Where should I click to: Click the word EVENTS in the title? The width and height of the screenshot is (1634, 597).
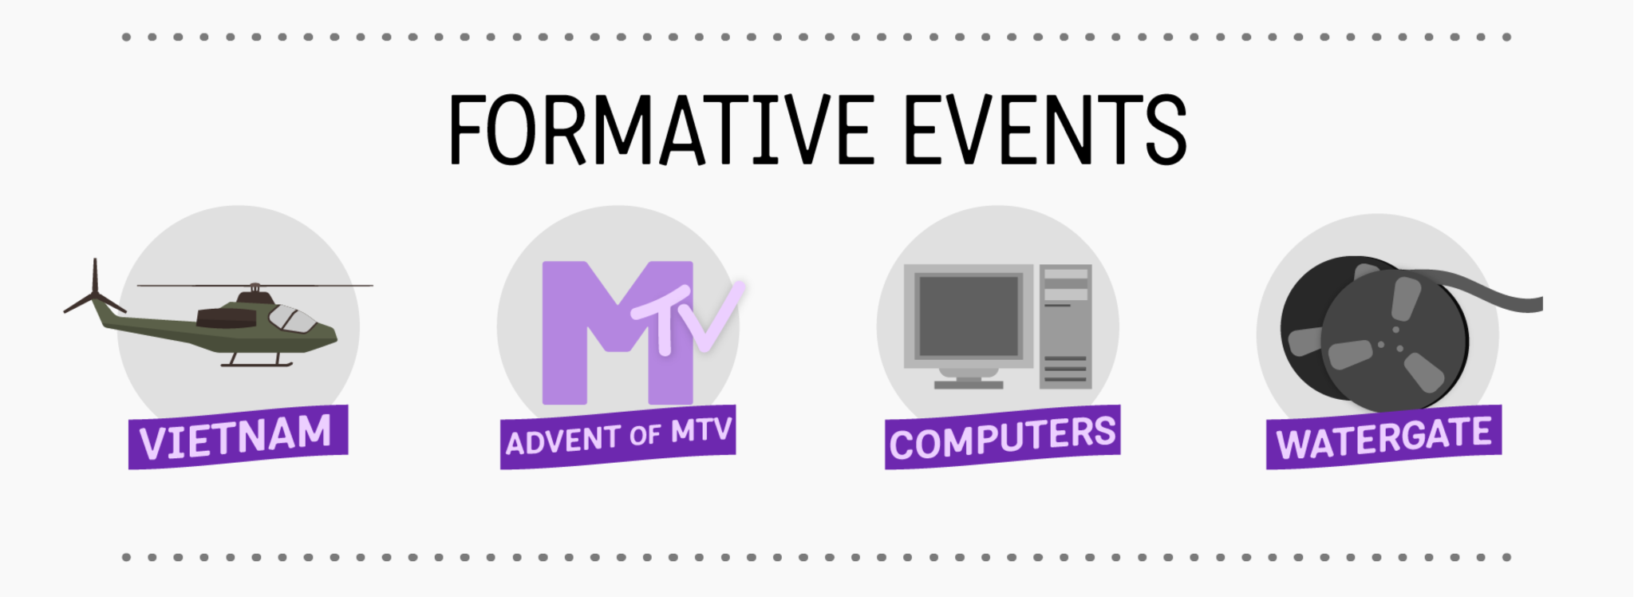(1046, 129)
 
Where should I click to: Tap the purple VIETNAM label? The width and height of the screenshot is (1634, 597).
(238, 437)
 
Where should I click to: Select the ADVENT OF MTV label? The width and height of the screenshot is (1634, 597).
(618, 437)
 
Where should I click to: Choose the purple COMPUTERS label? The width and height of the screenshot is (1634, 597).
(1002, 437)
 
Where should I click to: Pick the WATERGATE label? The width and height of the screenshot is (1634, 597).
(1384, 437)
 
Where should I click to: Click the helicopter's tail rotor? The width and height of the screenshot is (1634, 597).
(95, 291)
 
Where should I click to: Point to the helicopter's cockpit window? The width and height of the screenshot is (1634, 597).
(293, 318)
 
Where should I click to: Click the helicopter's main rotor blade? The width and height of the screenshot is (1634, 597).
(255, 285)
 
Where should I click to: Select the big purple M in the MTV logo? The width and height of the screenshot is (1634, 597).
(617, 333)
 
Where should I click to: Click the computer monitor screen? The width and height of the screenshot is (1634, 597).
(969, 316)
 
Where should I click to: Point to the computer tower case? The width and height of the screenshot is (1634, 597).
(1065, 326)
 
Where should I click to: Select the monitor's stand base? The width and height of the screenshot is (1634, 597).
(969, 384)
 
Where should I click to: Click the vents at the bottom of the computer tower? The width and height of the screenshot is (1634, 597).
(1065, 369)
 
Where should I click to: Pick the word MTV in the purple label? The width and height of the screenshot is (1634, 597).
(701, 431)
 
